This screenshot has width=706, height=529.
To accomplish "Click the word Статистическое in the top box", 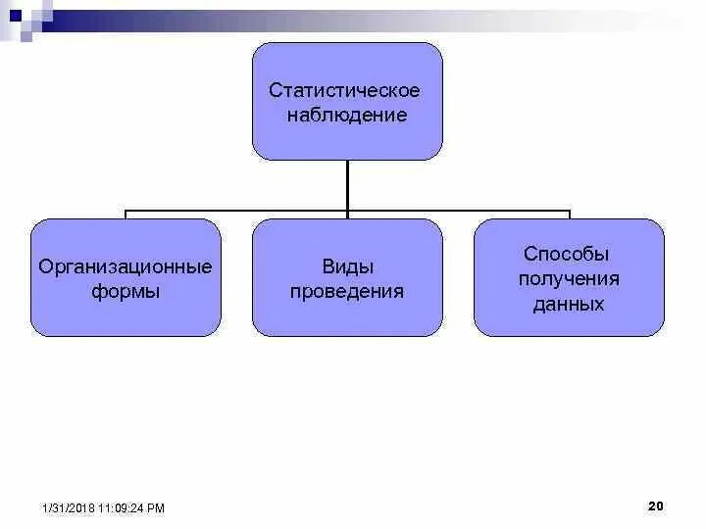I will pos(345,91).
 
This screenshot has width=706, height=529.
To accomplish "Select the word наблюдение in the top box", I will pos(346,116).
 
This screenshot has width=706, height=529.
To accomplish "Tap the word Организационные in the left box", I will pos(126,266).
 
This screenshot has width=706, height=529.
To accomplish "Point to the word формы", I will pos(126,292).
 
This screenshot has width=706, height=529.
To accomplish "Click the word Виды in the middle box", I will pos(347,266).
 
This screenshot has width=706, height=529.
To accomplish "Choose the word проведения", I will pos(347,292).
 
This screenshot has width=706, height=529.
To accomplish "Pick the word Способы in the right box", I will pos(568,254).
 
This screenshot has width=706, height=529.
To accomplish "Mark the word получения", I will pos(569,278).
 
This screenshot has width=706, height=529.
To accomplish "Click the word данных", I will pos(569,304).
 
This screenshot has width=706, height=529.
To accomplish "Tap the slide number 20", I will pos(656,505).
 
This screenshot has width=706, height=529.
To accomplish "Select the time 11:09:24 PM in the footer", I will pos(132,508).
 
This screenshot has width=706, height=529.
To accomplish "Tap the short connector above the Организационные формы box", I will pos(126,215).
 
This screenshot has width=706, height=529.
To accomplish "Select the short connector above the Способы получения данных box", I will pos(570,215).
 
